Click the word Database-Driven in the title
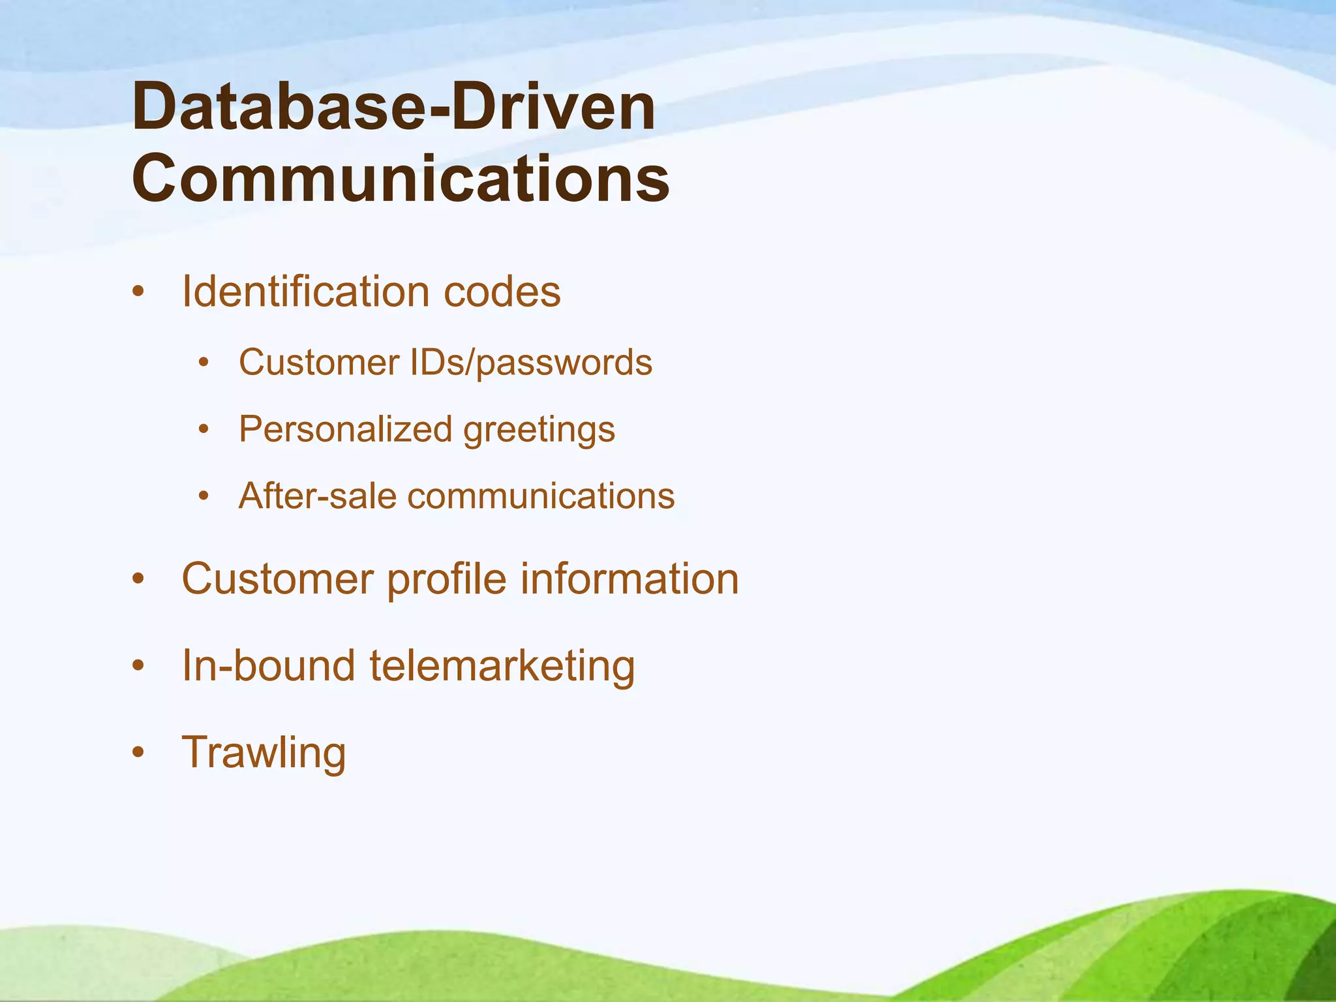coord(393,108)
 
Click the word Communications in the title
coord(401,179)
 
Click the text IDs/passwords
coord(531,363)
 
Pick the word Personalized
coord(345,429)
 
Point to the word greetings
coord(539,431)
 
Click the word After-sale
coord(317,496)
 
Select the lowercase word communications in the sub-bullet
coord(541,496)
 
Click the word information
coord(629,579)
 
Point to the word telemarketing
coord(502,666)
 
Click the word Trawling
coord(264,753)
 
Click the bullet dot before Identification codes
coord(137,292)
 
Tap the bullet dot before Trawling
coord(137,753)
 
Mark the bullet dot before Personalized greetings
coord(204,429)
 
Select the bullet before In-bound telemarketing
coord(137,666)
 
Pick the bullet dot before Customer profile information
coord(137,579)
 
